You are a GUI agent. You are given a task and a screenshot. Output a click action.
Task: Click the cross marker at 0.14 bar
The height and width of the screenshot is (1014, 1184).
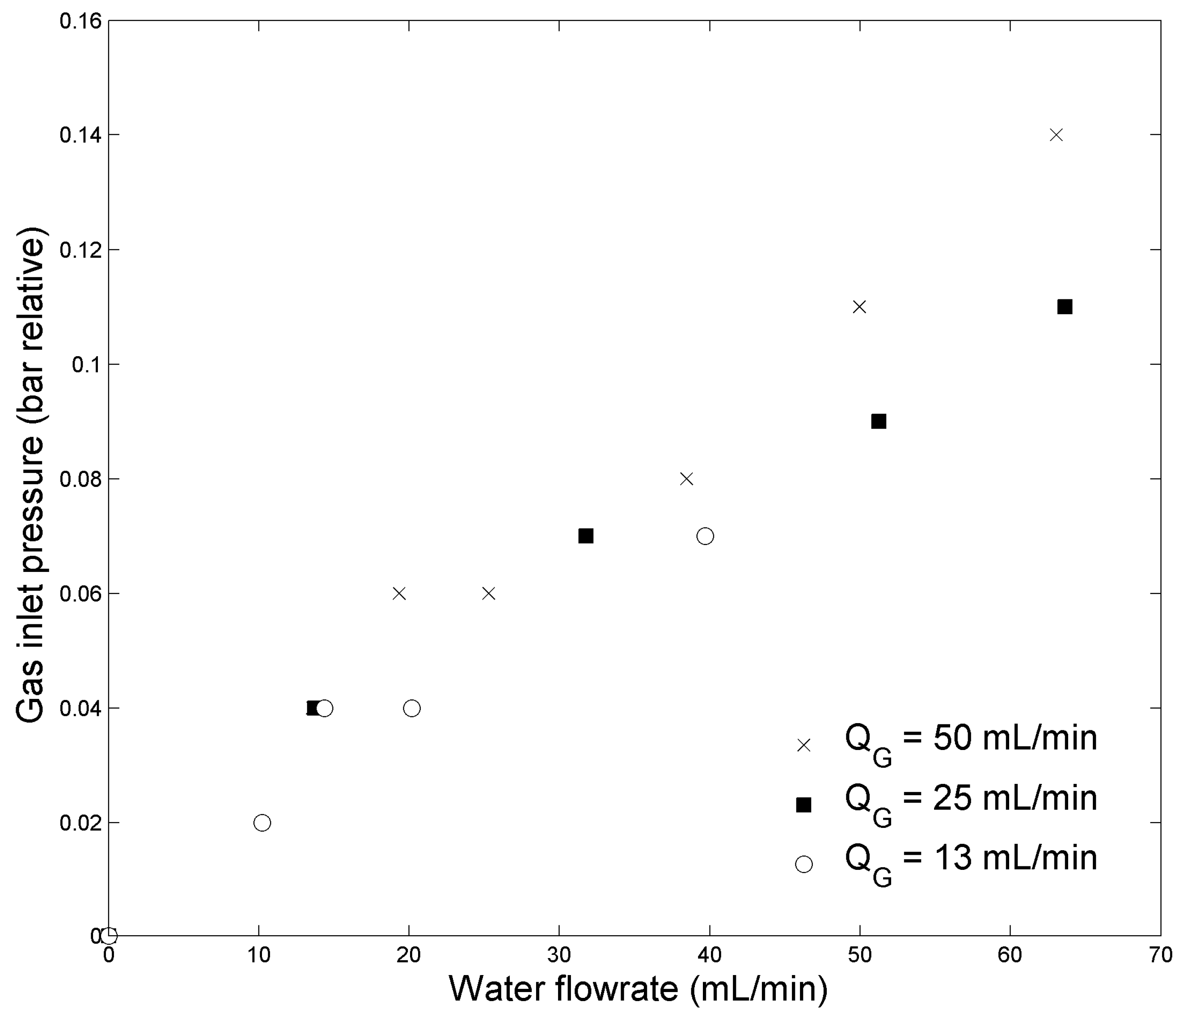1056,135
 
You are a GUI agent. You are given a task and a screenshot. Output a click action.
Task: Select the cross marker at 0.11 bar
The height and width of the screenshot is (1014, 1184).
859,307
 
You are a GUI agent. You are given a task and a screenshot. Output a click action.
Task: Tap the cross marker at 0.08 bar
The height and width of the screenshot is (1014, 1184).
686,479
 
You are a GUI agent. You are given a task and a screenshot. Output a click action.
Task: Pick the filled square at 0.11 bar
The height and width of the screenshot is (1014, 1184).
1065,307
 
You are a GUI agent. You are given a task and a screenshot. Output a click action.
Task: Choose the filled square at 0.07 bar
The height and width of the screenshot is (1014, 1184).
586,536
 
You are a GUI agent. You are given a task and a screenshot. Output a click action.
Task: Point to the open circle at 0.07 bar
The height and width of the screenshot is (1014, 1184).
705,536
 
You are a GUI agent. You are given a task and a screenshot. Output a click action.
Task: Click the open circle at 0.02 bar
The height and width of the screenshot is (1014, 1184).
262,822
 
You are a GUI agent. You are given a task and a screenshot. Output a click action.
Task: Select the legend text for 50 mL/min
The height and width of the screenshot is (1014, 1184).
971,740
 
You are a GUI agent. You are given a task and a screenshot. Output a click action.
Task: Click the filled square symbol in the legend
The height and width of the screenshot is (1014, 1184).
803,805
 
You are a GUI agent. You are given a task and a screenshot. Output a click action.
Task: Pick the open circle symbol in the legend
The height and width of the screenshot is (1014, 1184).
803,864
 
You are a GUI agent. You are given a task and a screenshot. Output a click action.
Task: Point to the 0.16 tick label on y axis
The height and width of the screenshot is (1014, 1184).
80,21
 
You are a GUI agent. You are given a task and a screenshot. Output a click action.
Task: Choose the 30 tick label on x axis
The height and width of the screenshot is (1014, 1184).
559,954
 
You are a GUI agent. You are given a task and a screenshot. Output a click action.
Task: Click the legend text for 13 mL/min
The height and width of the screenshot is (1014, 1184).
971,860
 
